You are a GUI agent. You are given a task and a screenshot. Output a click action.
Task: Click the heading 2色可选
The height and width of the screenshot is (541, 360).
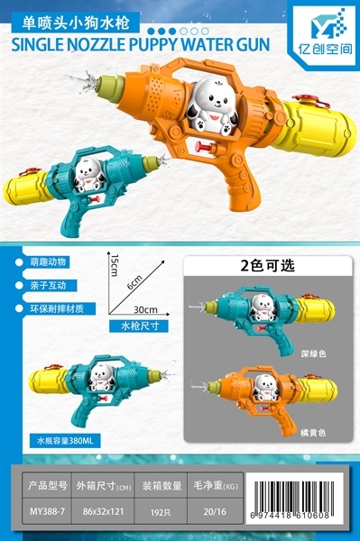pos(267,266)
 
